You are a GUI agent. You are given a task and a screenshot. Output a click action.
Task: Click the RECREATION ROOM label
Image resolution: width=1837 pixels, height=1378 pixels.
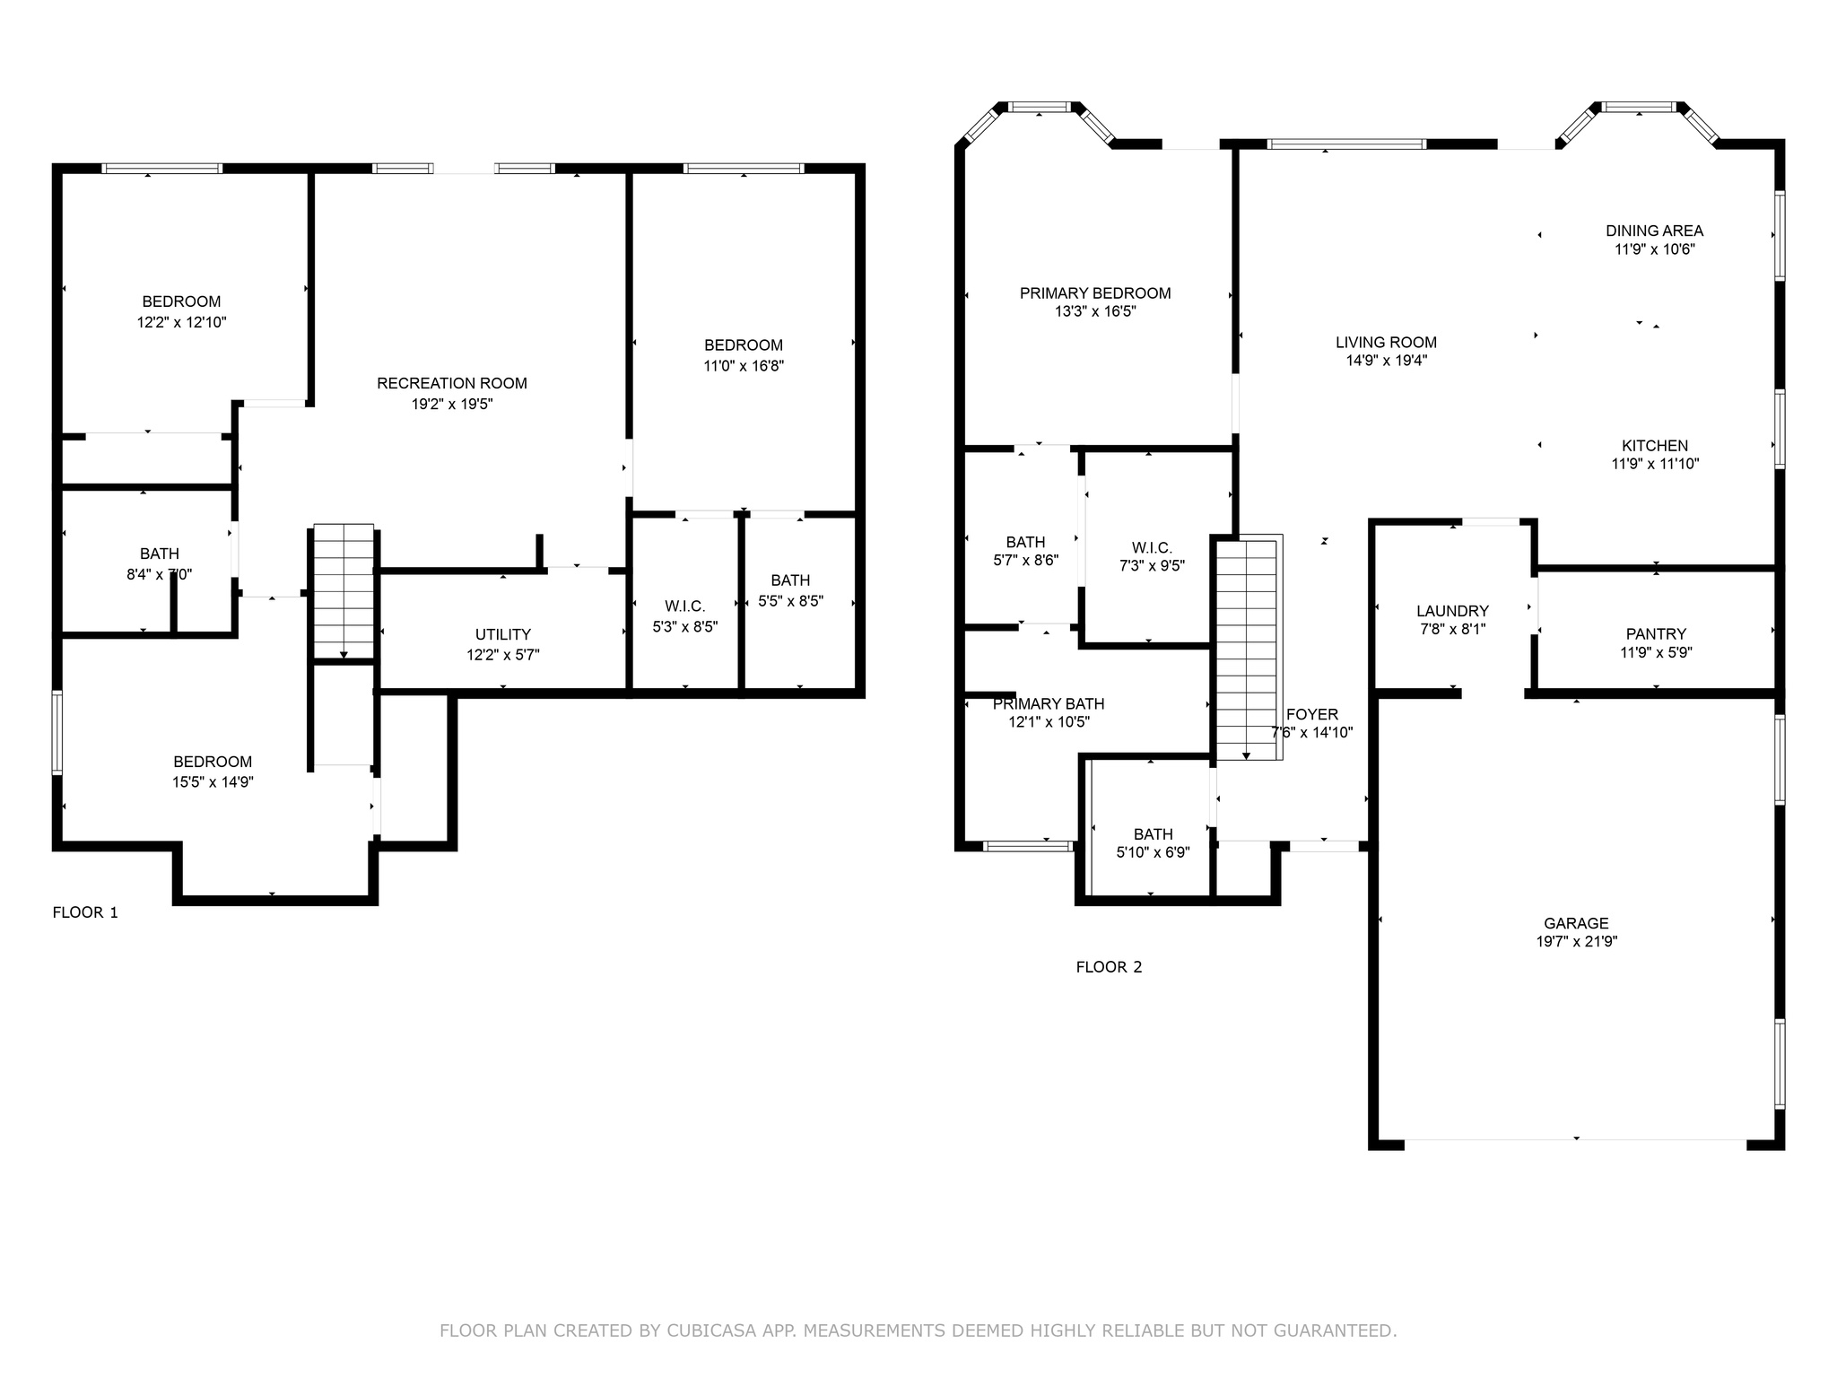(x=452, y=383)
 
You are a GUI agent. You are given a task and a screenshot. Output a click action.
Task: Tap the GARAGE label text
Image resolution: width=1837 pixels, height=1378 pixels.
(x=1576, y=922)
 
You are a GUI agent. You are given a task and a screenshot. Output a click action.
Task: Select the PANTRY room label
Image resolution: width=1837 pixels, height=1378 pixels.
(x=1656, y=633)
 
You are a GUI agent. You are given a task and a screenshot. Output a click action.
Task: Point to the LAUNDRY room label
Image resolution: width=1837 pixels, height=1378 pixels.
(x=1452, y=611)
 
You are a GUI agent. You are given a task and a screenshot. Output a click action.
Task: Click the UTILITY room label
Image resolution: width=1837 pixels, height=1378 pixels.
(x=503, y=634)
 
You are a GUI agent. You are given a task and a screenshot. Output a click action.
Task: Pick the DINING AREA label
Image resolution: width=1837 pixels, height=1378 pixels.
(x=1654, y=231)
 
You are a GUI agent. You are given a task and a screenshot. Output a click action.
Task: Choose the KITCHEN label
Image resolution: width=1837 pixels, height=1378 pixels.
(x=1655, y=445)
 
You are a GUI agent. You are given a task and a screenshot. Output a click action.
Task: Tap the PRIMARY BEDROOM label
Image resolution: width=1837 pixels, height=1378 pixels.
(x=1095, y=292)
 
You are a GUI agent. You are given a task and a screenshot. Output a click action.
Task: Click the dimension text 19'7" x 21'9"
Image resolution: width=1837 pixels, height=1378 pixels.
(x=1576, y=942)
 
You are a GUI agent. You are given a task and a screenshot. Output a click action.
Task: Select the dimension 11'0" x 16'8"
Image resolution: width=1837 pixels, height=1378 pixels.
(x=744, y=365)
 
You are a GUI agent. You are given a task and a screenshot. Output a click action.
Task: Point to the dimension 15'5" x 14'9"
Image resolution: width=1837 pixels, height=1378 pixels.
(x=213, y=781)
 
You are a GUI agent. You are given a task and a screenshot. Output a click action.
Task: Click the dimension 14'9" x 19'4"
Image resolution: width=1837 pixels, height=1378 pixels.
(x=1386, y=361)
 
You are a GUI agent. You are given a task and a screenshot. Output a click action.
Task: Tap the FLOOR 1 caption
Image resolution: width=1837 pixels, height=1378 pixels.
(x=85, y=912)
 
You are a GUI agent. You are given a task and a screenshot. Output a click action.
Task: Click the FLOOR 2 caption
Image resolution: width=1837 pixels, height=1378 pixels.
(x=1109, y=967)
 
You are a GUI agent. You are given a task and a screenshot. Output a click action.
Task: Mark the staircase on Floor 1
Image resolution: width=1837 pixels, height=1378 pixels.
(x=344, y=592)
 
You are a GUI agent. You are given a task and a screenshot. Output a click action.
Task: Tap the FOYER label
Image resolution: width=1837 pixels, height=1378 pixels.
(x=1311, y=714)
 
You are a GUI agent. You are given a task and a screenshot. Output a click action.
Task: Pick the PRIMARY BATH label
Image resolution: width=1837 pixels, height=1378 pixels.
(x=1049, y=703)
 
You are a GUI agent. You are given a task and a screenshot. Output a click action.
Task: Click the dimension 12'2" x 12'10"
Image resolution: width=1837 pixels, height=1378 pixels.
(x=181, y=322)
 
